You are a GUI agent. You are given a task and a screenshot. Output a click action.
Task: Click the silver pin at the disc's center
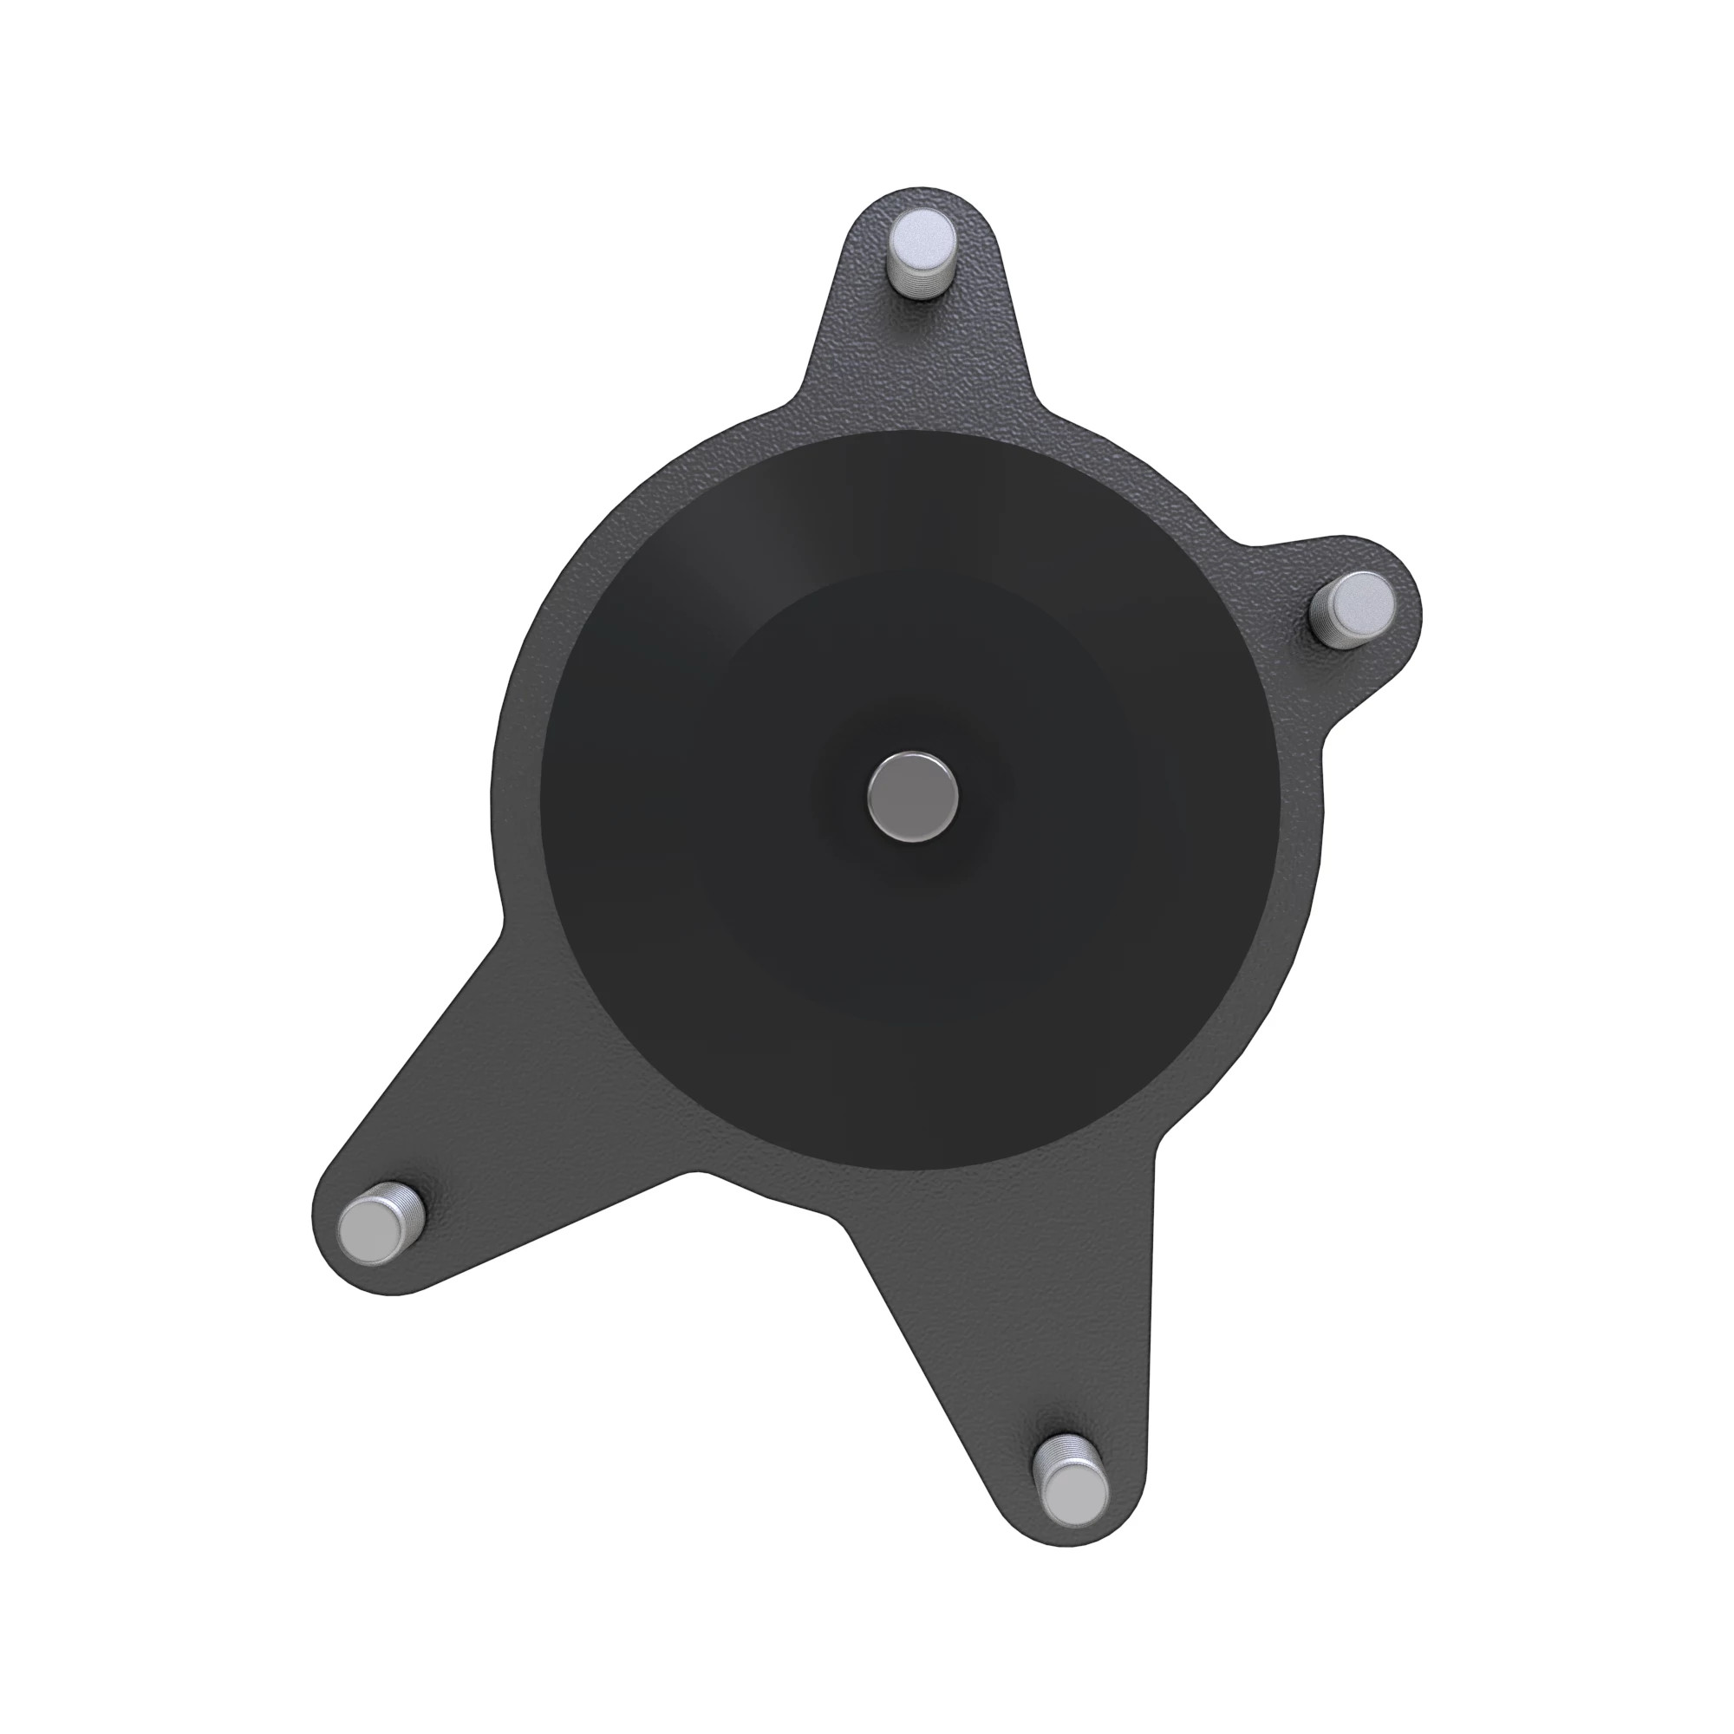tap(913, 796)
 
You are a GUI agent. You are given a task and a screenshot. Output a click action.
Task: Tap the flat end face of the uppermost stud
tap(922, 238)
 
